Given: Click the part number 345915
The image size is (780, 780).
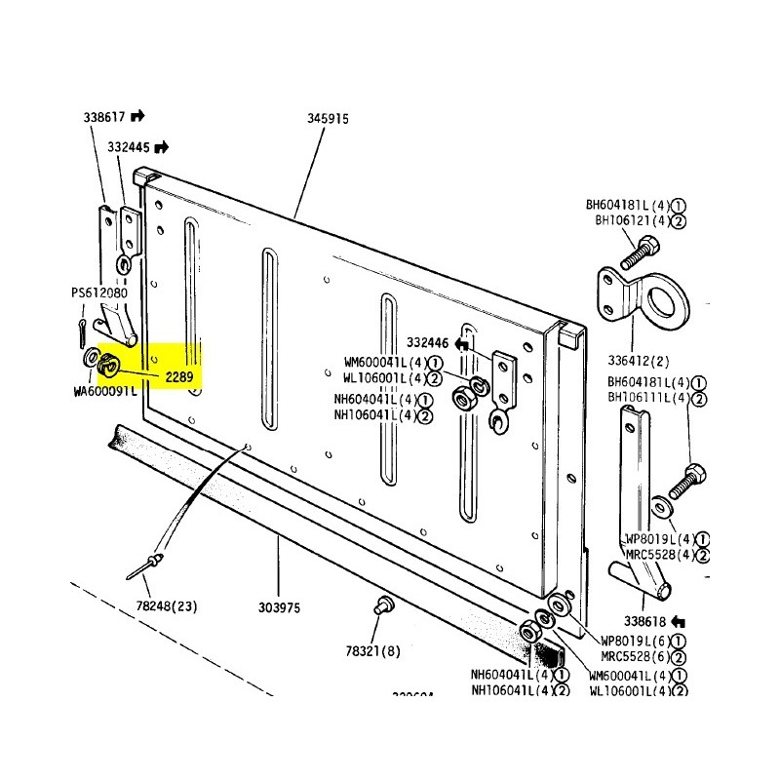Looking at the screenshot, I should coord(328,118).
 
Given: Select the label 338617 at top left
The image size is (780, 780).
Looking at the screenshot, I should coord(103,116).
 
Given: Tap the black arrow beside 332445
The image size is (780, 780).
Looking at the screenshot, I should coord(162,147).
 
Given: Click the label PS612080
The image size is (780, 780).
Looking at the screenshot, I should coord(99,292).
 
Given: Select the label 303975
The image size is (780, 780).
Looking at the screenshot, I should coord(280,607).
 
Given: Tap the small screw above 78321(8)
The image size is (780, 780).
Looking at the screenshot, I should coord(382,605).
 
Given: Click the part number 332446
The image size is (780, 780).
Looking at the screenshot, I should coord(428,343).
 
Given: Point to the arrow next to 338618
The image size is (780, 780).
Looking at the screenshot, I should coord(680,620).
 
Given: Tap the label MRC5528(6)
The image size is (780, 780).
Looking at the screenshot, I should coord(633,655).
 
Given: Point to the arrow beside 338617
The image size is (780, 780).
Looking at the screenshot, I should coord(137,116).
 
